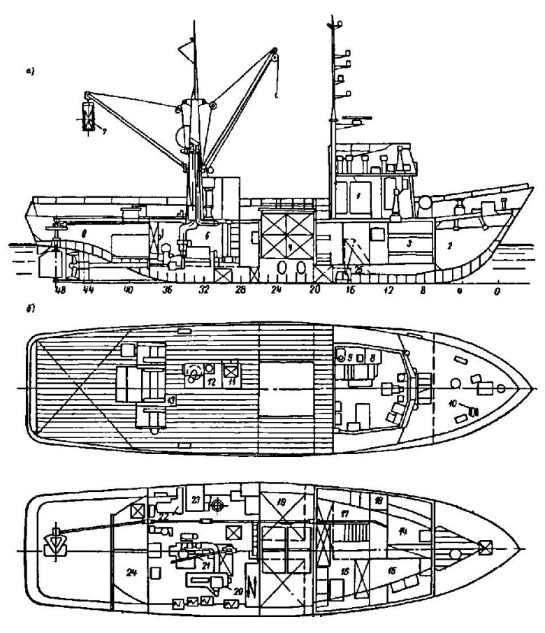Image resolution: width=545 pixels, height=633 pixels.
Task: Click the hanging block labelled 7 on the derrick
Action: click(x=87, y=116)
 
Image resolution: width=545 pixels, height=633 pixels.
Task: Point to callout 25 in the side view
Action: click(x=358, y=269)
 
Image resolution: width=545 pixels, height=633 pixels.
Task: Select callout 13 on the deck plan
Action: click(x=170, y=398)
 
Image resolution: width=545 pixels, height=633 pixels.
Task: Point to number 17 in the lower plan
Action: click(x=345, y=514)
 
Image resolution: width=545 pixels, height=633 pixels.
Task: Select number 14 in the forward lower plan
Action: click(x=403, y=532)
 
